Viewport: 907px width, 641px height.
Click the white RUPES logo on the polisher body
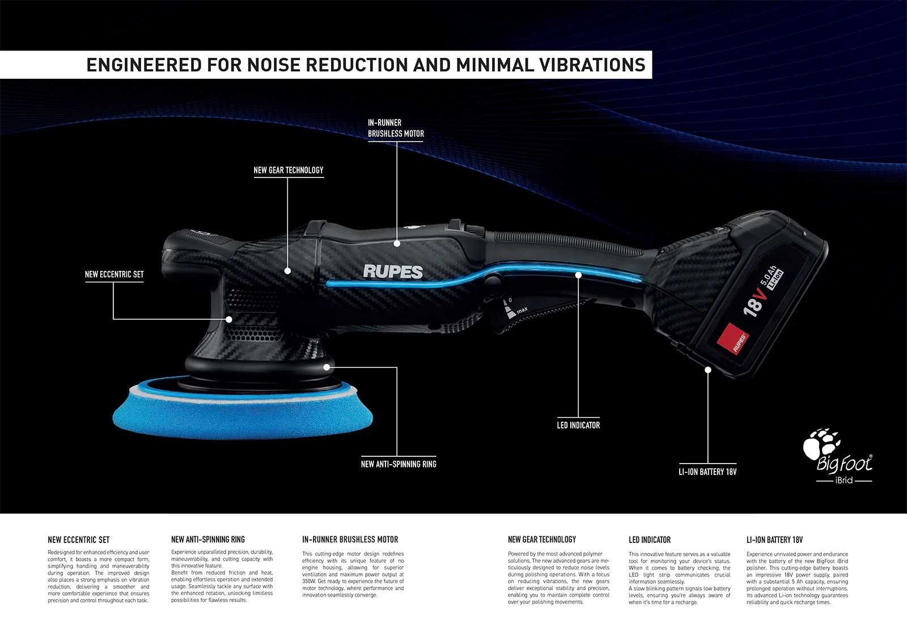tap(393, 271)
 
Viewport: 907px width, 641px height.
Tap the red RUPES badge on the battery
tap(733, 338)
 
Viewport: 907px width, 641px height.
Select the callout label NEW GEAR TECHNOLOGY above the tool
tap(289, 170)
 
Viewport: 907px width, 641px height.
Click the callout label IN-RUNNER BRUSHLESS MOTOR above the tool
tap(396, 128)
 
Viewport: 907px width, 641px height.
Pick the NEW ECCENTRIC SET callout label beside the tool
tap(114, 274)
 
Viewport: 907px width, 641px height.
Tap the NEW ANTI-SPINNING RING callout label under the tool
tap(399, 464)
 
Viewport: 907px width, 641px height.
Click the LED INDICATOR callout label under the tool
tap(578, 425)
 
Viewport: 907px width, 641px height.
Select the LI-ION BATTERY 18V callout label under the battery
tap(707, 472)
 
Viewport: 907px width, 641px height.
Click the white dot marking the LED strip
tap(578, 275)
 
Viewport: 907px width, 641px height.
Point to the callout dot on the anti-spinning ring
tap(327, 367)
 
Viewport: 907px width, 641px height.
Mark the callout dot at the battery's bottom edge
tap(708, 370)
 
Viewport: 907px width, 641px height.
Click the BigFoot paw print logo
tap(821, 444)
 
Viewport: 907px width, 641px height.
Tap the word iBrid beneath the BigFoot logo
tap(844, 480)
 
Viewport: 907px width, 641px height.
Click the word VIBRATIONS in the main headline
tap(591, 65)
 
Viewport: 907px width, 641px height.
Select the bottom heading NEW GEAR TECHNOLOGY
tap(542, 540)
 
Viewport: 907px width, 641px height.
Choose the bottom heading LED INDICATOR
tap(650, 540)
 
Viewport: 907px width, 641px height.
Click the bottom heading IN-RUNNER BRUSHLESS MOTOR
tap(350, 540)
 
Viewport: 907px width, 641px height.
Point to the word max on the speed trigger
tap(522, 310)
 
